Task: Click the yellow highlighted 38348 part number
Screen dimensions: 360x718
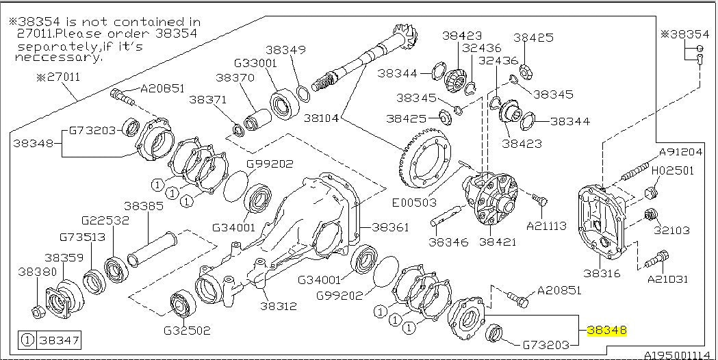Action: click(607, 330)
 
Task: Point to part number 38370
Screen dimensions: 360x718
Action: click(235, 78)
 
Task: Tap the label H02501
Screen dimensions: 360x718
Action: click(672, 170)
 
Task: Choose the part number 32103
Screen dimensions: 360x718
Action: click(671, 231)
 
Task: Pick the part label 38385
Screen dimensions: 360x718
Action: click(143, 205)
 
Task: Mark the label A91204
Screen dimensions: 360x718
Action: click(680, 153)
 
